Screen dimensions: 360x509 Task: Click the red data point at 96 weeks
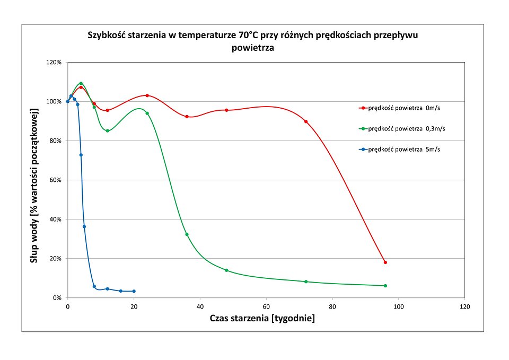[385, 262]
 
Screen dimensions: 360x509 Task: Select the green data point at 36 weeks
[187, 234]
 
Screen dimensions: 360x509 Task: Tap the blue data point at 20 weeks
[134, 291]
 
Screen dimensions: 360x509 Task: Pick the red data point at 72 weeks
[306, 121]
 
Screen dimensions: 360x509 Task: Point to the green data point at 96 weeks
[385, 286]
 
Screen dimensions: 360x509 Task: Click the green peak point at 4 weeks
[81, 83]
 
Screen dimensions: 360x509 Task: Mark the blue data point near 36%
[84, 226]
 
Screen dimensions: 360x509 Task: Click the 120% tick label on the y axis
[55, 62]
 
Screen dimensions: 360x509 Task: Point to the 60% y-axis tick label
[56, 180]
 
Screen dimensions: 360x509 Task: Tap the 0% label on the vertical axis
[58, 298]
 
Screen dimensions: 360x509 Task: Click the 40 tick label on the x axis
[200, 307]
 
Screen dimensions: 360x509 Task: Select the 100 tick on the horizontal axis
[399, 307]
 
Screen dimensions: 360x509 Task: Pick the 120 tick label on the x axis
[465, 307]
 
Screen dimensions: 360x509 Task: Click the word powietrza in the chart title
[253, 48]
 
